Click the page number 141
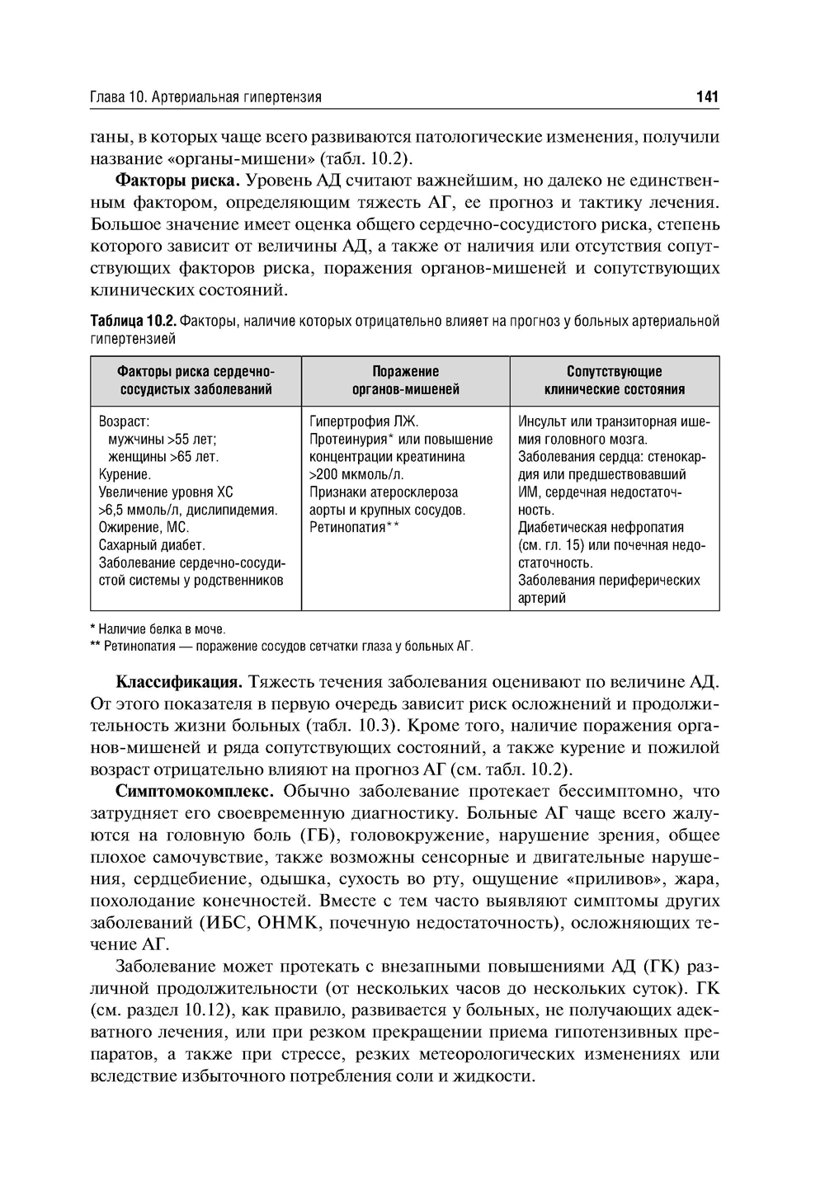click(707, 97)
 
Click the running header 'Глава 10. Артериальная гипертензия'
click(205, 97)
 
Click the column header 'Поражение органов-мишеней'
click(405, 380)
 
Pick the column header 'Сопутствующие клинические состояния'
click(614, 380)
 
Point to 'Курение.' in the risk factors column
click(125, 474)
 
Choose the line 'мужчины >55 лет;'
click(163, 439)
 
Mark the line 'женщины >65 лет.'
click(163, 457)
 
